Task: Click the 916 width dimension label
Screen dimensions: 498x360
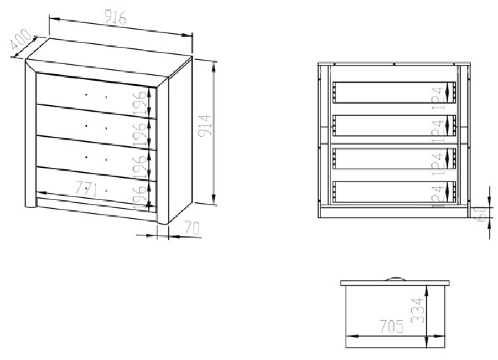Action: (x=115, y=17)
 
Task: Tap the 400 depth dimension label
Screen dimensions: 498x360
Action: (x=20, y=39)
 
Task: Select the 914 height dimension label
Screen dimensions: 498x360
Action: (x=204, y=126)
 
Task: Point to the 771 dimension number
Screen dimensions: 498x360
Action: (x=87, y=189)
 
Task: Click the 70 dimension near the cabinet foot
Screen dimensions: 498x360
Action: (x=192, y=228)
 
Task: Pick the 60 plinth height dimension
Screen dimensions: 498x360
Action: (x=482, y=213)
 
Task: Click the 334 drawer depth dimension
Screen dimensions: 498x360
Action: (x=417, y=311)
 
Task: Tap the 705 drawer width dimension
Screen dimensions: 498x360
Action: (x=392, y=327)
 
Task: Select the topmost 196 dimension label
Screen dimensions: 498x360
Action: (x=140, y=104)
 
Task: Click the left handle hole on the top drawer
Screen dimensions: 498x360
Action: (x=86, y=95)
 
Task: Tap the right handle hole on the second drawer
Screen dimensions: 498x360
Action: (x=106, y=128)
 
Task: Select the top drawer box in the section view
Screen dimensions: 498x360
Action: (x=394, y=92)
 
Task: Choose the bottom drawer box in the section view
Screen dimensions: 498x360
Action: (x=394, y=192)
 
